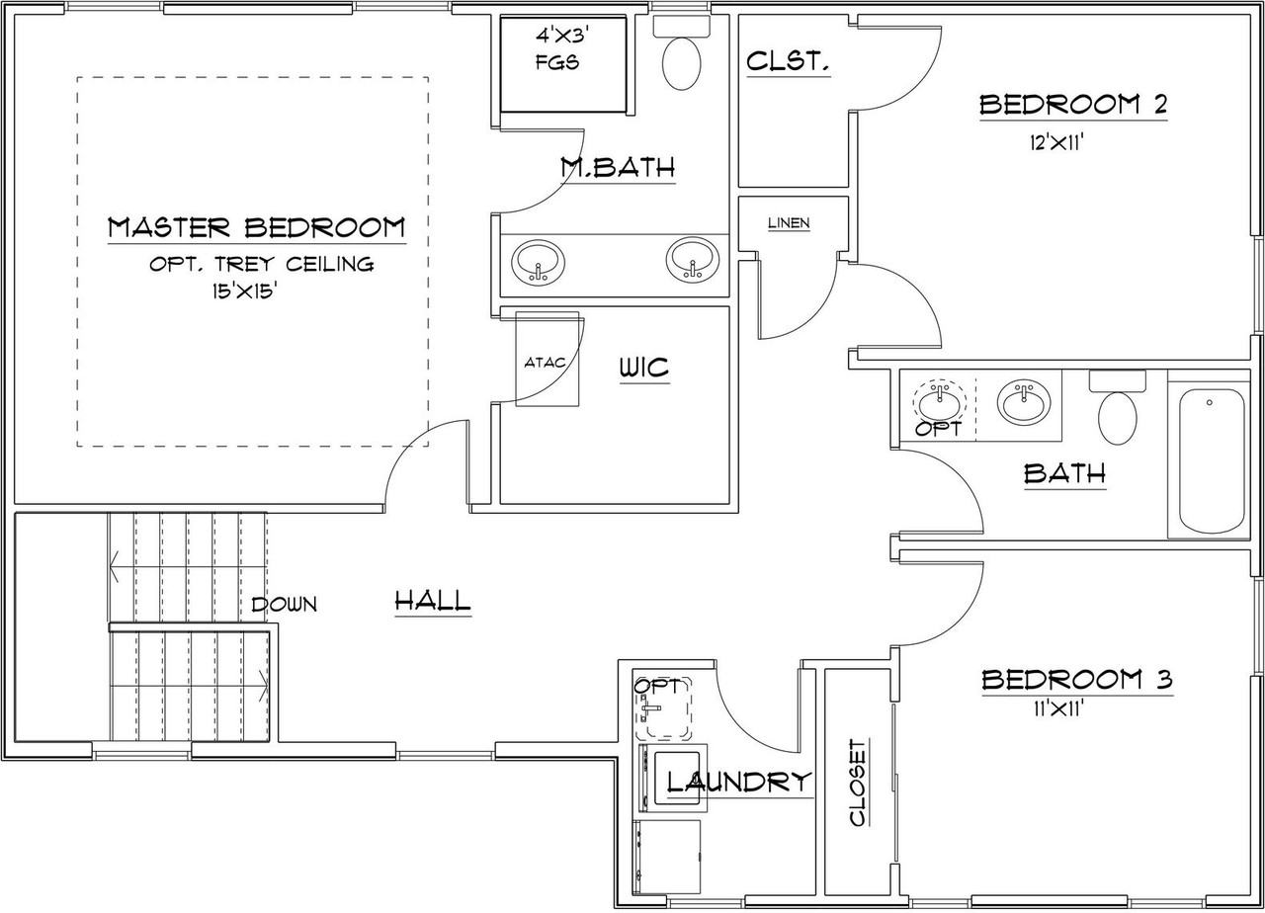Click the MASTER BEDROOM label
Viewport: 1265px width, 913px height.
point(256,227)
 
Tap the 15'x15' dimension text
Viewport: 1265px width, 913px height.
point(244,291)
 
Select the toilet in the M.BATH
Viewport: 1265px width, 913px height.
point(682,53)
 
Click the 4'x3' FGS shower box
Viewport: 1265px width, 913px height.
point(563,64)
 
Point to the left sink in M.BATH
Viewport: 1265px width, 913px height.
point(539,263)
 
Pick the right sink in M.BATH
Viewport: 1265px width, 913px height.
point(693,260)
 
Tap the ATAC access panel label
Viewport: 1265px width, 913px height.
point(545,363)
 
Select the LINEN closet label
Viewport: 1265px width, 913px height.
point(789,223)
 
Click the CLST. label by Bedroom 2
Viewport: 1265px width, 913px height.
point(788,61)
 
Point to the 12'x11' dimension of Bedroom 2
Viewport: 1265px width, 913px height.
point(1056,143)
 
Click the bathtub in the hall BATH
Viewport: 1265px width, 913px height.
point(1212,460)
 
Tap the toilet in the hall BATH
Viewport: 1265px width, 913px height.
point(1117,408)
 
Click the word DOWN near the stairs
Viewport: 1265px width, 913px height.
point(284,605)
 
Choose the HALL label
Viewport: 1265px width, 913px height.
point(433,600)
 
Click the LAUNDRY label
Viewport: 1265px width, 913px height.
point(739,782)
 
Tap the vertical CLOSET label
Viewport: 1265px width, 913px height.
point(858,783)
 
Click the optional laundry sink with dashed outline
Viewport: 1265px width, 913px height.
point(663,707)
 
